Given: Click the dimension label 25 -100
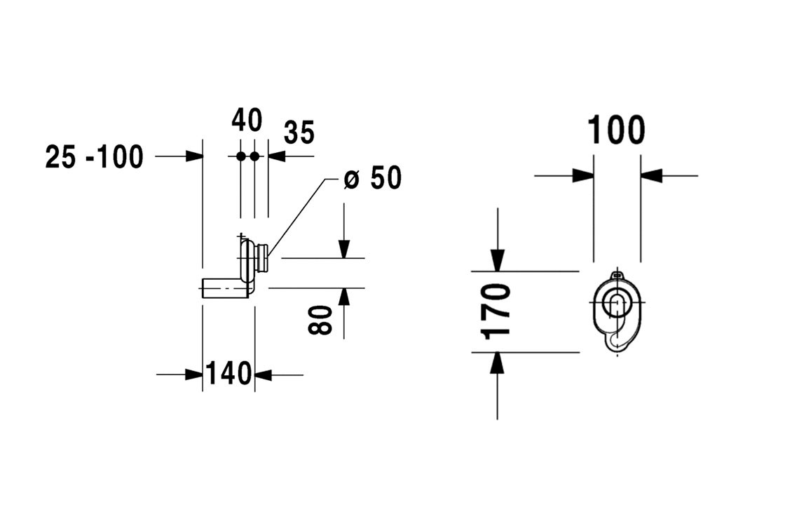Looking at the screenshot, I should pyautogui.click(x=94, y=156).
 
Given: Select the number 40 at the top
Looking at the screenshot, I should pyautogui.click(x=247, y=121).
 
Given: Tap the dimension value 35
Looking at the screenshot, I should pyautogui.click(x=299, y=133).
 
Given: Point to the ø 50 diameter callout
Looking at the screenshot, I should pyautogui.click(x=373, y=179).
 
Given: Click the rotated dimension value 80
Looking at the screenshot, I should pyautogui.click(x=321, y=320).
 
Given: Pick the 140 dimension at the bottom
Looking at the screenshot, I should pyautogui.click(x=228, y=374).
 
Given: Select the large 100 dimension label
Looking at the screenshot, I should pyautogui.click(x=616, y=130).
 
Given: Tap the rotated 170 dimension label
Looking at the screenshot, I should pyautogui.click(x=496, y=311).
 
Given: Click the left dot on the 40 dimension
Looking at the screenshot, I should pyautogui.click(x=240, y=156).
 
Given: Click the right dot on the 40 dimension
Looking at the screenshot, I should pyautogui.click(x=254, y=156).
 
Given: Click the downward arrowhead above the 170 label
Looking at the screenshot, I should pyautogui.click(x=497, y=262).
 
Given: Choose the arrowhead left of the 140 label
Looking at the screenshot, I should pyautogui.click(x=195, y=375).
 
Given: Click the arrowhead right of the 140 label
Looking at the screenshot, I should pyautogui.click(x=263, y=375).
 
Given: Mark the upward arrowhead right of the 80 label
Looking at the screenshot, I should pyautogui.click(x=343, y=296).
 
